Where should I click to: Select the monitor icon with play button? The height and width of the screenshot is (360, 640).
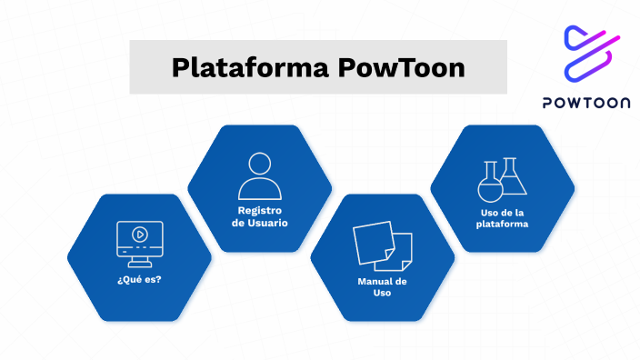[139, 238]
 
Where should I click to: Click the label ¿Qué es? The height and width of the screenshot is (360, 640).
[139, 278]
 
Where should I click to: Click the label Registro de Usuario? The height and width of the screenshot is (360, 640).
[260, 216]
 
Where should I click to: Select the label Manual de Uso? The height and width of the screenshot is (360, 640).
[382, 287]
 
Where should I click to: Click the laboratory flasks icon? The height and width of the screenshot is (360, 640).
[503, 178]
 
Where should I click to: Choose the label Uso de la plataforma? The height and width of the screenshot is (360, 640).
[503, 218]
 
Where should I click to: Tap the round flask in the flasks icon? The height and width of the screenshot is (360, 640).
[490, 185]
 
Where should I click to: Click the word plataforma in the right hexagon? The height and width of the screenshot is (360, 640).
[503, 224]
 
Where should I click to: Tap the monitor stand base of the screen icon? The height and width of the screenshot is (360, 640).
[139, 255]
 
